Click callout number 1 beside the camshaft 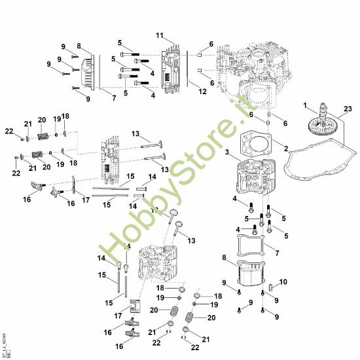tap(305, 105)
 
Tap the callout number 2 tap(285, 149)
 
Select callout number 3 tap(227, 153)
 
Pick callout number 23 tap(347, 109)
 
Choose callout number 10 tap(283, 282)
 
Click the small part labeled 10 tap(269, 289)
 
